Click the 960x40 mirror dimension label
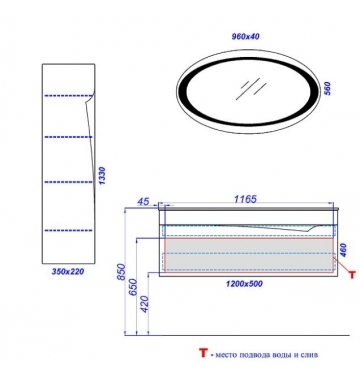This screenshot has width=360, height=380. coord(245,36)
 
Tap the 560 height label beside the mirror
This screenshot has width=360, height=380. coord(327,89)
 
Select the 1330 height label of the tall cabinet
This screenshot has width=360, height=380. coord(102,177)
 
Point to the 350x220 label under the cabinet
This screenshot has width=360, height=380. coord(68,272)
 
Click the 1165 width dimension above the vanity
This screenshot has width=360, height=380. coord(245,199)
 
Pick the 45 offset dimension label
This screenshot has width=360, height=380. coord(143,202)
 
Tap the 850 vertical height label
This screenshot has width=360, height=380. coord(121,272)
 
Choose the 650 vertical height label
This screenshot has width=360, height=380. coord(133,287)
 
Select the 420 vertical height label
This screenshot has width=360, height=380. coord(145,304)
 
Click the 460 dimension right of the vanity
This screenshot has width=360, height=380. coord(343,250)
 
